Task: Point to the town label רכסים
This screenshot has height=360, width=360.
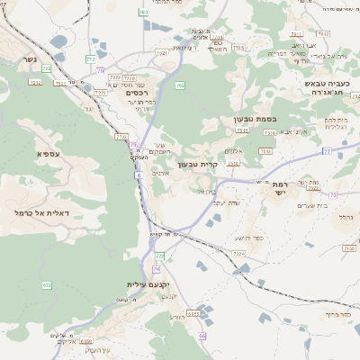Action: [137, 92]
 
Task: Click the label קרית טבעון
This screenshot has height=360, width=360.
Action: [199, 164]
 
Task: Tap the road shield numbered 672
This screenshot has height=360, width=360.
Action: [47, 284]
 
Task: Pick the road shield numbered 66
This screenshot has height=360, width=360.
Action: [203, 336]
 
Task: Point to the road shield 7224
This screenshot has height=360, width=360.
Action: [238, 255]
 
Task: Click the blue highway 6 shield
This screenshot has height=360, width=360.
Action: [139, 175]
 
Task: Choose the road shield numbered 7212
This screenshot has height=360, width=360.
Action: [35, 83]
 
